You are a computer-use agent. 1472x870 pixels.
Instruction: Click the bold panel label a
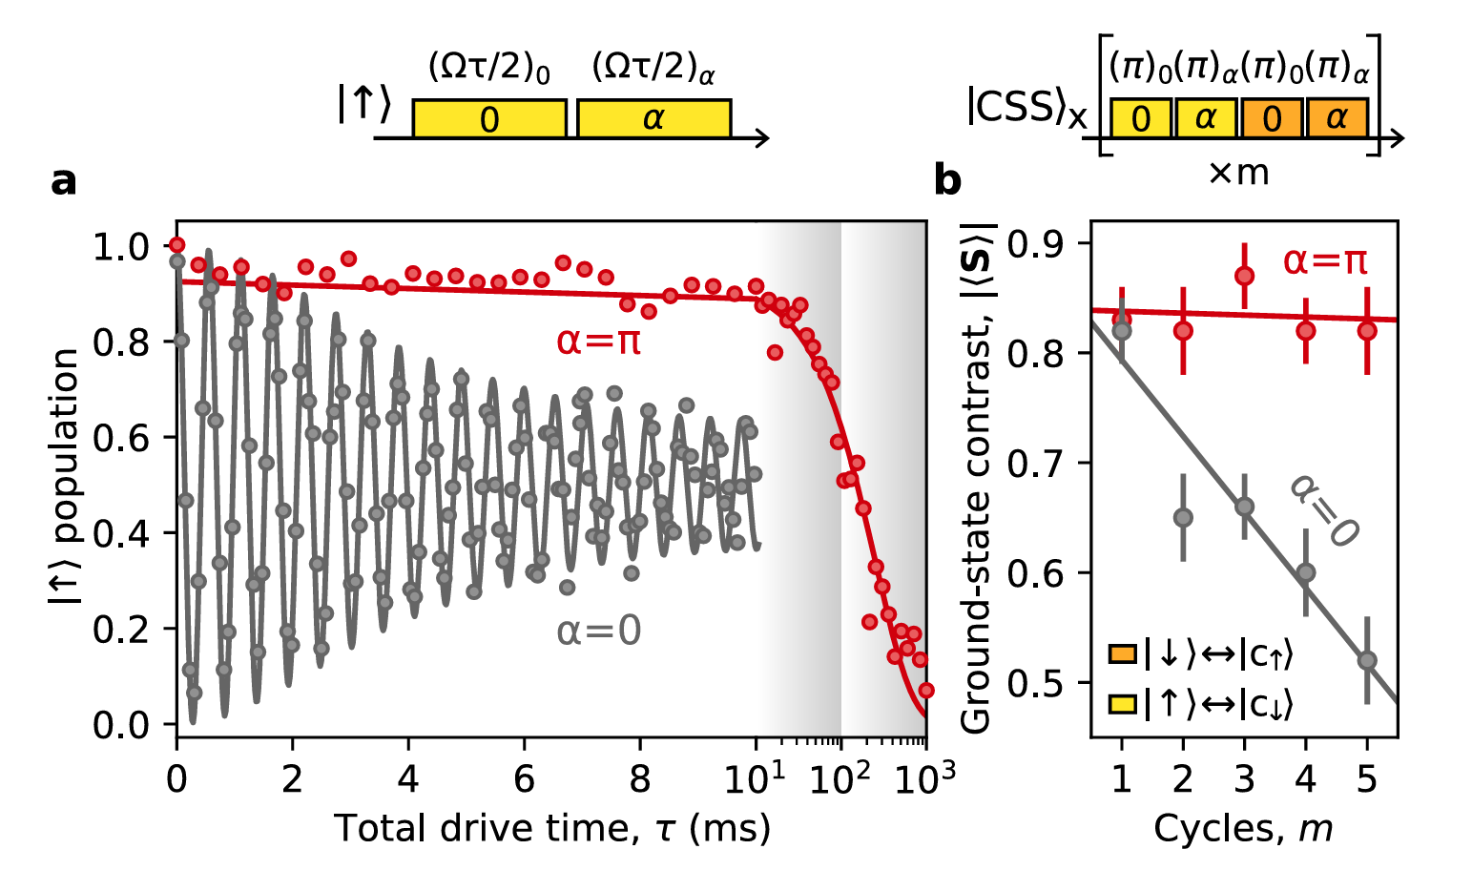(x=63, y=180)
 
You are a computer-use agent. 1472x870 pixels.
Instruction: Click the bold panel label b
(x=947, y=180)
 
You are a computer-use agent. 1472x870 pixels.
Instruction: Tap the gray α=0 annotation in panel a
(x=599, y=632)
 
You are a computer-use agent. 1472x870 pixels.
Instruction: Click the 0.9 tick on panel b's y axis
(x=1048, y=244)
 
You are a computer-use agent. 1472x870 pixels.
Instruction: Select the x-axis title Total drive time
(x=551, y=828)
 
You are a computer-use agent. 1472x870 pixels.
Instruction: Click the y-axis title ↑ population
(x=65, y=477)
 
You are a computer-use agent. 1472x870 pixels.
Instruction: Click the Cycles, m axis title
(x=1243, y=828)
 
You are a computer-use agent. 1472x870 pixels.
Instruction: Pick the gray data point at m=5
(x=1366, y=660)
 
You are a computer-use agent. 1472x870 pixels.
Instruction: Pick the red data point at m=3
(x=1244, y=276)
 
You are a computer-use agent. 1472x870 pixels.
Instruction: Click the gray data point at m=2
(x=1183, y=518)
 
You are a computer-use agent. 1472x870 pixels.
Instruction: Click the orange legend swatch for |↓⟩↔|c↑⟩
(x=1121, y=655)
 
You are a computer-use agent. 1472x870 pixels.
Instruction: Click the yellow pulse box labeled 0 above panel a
(x=489, y=119)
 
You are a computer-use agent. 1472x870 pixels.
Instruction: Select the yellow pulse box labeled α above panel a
(x=653, y=119)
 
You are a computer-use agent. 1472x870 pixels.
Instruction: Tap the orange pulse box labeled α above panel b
(x=1337, y=118)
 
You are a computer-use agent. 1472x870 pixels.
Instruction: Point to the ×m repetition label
(x=1238, y=173)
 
